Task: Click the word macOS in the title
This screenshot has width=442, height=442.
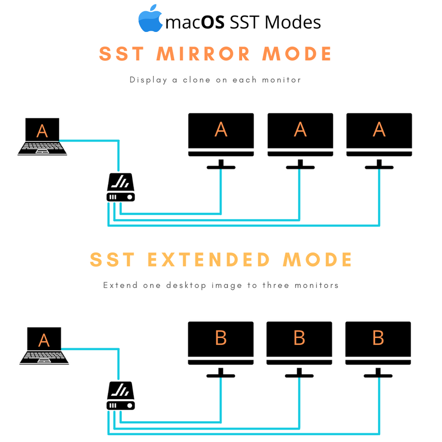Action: (x=195, y=22)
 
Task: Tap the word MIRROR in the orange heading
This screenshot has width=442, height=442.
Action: (x=204, y=54)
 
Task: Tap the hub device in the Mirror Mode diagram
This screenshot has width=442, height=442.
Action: (x=120, y=188)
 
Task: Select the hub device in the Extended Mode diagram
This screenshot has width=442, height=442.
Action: (x=120, y=396)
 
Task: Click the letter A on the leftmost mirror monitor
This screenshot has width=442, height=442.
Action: (x=221, y=130)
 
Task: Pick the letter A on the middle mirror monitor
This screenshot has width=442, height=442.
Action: (x=300, y=130)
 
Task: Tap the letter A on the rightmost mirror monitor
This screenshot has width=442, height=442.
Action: (x=379, y=130)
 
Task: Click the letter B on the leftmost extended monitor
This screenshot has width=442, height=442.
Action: (x=221, y=338)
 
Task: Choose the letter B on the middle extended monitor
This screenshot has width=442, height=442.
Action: (x=300, y=338)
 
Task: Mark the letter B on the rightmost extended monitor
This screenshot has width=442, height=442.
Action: (x=378, y=338)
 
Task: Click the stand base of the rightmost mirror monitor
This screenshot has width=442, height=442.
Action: (x=379, y=167)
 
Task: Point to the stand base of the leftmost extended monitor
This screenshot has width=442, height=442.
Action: (x=221, y=376)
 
